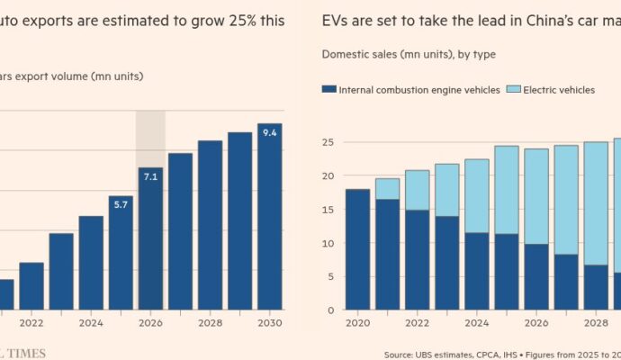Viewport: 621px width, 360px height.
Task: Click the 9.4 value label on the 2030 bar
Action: point(269,133)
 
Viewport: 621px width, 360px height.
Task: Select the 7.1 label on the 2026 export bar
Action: point(150,176)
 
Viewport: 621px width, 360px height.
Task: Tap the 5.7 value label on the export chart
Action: point(121,205)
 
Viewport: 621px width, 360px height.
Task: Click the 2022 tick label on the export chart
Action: point(31,323)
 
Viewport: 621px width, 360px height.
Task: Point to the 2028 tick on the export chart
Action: point(210,323)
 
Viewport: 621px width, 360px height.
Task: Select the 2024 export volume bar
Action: point(91,263)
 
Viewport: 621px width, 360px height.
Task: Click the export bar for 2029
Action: point(239,221)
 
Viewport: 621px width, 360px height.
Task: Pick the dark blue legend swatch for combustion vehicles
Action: point(329,89)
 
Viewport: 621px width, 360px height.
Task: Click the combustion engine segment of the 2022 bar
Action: point(417,260)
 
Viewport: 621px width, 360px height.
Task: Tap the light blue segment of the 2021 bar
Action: point(387,189)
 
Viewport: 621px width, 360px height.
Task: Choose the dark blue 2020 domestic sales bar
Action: point(357,249)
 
